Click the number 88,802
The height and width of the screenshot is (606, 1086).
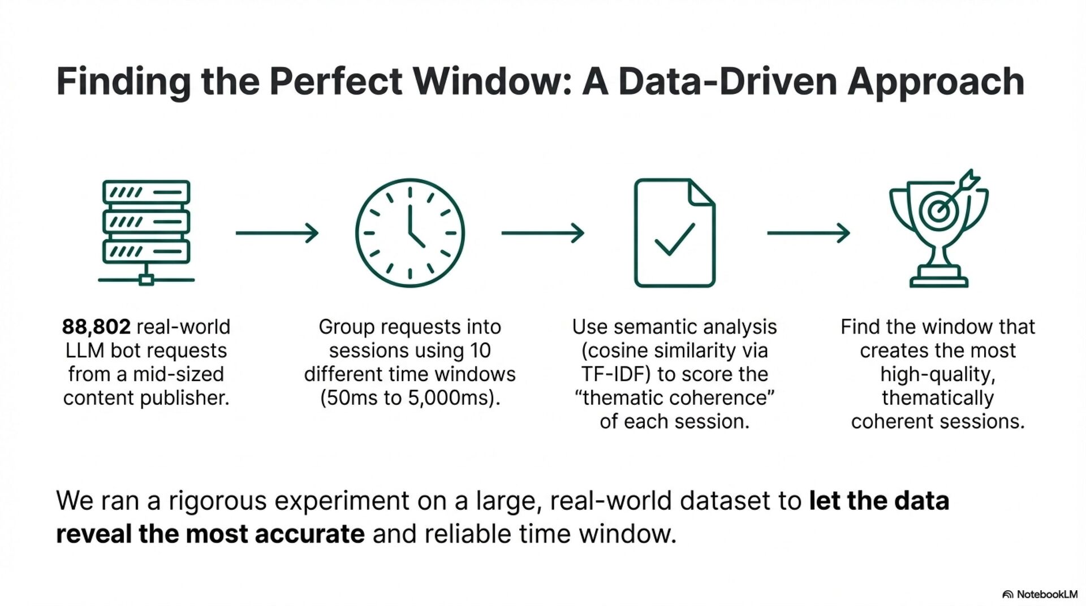click(x=96, y=327)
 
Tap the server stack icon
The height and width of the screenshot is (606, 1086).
click(x=146, y=232)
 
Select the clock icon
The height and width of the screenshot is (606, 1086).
click(x=410, y=233)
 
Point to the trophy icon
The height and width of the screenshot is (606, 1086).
click(x=938, y=237)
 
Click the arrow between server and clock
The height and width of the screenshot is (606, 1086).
click(x=277, y=233)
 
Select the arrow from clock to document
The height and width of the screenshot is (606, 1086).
click(x=542, y=233)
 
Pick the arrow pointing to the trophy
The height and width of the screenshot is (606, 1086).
click(x=808, y=233)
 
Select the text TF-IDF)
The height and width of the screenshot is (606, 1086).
click(x=615, y=374)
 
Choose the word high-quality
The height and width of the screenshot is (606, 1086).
click(x=938, y=374)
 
